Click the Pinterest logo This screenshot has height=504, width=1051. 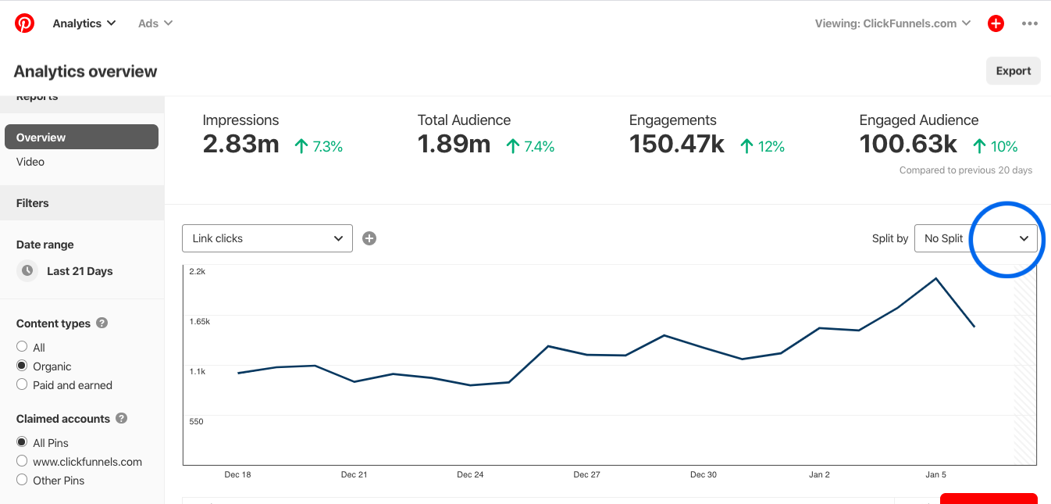(x=24, y=23)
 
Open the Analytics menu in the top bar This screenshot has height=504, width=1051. (x=84, y=23)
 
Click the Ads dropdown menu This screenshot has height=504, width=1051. (x=155, y=23)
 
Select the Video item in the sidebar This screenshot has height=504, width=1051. (x=30, y=162)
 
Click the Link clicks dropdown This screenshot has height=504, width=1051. (x=267, y=238)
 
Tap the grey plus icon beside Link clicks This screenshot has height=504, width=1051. (x=369, y=238)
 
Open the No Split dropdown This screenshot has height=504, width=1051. (x=975, y=238)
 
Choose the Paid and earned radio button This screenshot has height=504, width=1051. (x=22, y=384)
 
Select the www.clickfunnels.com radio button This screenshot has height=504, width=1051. (x=22, y=461)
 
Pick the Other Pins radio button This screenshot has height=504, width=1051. (x=22, y=480)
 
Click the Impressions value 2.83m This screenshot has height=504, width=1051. (x=240, y=145)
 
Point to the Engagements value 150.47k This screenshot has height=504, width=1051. (x=676, y=145)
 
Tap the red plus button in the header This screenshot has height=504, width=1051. (x=996, y=23)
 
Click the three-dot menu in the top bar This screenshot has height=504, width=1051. (x=1030, y=23)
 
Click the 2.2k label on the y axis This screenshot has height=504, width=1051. (x=197, y=271)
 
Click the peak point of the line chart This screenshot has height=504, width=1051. (x=935, y=278)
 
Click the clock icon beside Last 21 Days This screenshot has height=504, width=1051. (x=27, y=270)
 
